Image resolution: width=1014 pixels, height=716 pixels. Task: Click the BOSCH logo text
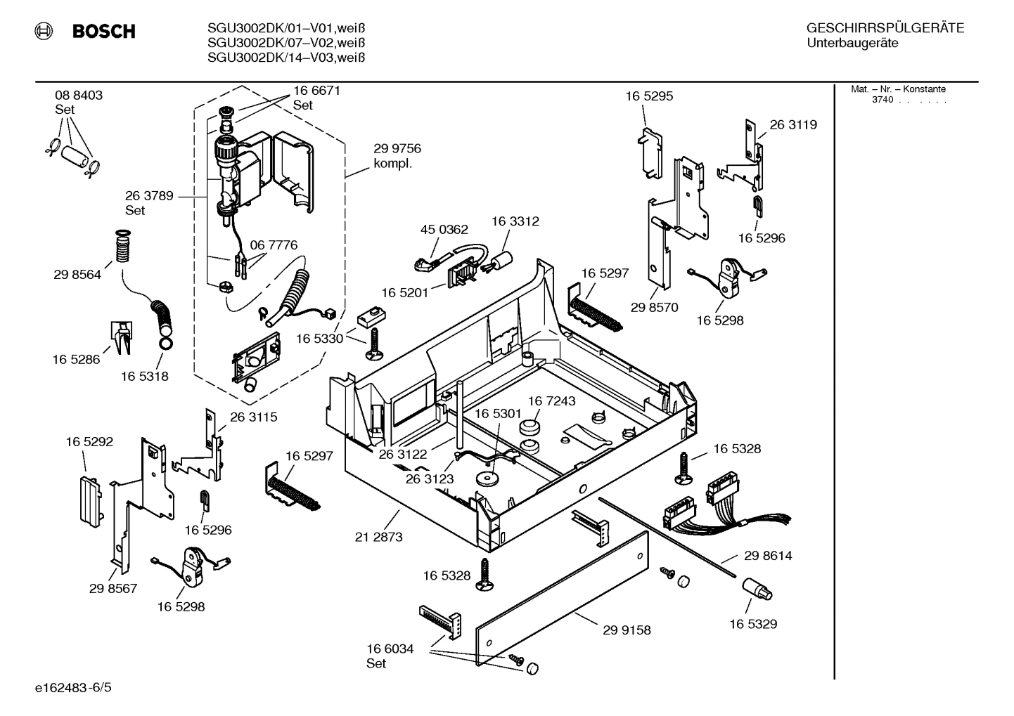click(103, 32)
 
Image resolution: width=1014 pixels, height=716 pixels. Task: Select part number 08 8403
click(79, 96)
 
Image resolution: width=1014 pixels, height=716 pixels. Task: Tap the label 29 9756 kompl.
click(397, 155)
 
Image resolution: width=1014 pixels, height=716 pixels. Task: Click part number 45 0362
click(444, 230)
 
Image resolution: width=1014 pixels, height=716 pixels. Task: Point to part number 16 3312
click(515, 221)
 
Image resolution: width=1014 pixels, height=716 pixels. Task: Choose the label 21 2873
click(378, 537)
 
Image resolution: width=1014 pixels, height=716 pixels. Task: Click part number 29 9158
click(627, 630)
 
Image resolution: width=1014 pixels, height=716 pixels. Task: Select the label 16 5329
click(752, 624)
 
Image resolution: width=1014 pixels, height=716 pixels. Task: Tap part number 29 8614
click(768, 556)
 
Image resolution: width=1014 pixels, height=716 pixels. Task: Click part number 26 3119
click(793, 125)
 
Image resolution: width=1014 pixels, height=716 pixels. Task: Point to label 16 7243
click(551, 401)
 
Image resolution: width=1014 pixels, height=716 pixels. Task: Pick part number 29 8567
click(113, 589)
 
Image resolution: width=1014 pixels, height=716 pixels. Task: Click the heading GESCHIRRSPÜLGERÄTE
click(885, 29)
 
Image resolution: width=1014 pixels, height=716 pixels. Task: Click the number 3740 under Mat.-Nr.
click(882, 100)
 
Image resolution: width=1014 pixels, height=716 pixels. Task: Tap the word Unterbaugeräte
click(852, 43)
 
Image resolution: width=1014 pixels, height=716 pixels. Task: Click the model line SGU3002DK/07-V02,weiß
click(286, 43)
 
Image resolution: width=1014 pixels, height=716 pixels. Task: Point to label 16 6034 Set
click(390, 656)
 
